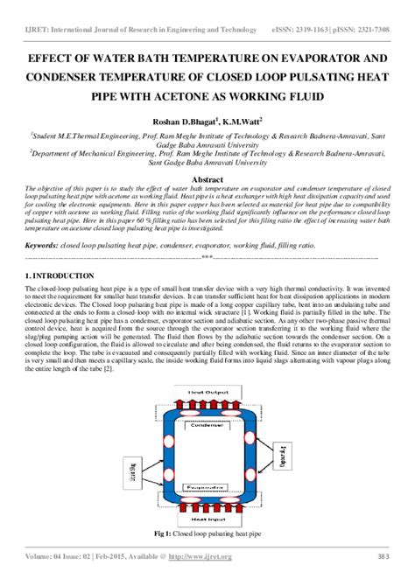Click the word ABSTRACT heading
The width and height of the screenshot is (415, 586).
click(x=207, y=180)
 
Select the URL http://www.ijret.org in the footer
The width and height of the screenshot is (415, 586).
click(x=206, y=557)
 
